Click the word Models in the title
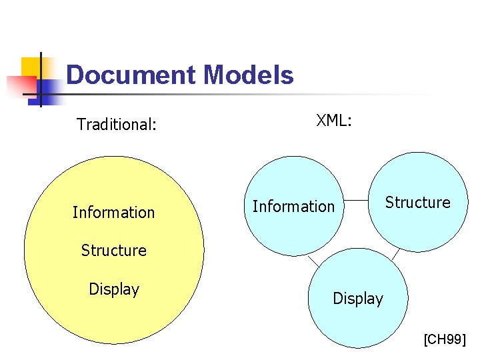pyautogui.click(x=248, y=75)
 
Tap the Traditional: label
pyautogui.click(x=117, y=124)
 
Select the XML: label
pyautogui.click(x=334, y=121)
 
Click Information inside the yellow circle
pyautogui.click(x=113, y=213)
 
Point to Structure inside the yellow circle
pyautogui.click(x=113, y=251)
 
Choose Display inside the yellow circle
pyautogui.click(x=114, y=289)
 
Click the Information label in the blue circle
pyautogui.click(x=293, y=207)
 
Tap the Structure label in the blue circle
pyautogui.click(x=418, y=202)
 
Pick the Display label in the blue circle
pyautogui.click(x=358, y=298)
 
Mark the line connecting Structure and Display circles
pyautogui.click(x=395, y=253)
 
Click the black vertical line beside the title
pyautogui.click(x=41, y=80)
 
